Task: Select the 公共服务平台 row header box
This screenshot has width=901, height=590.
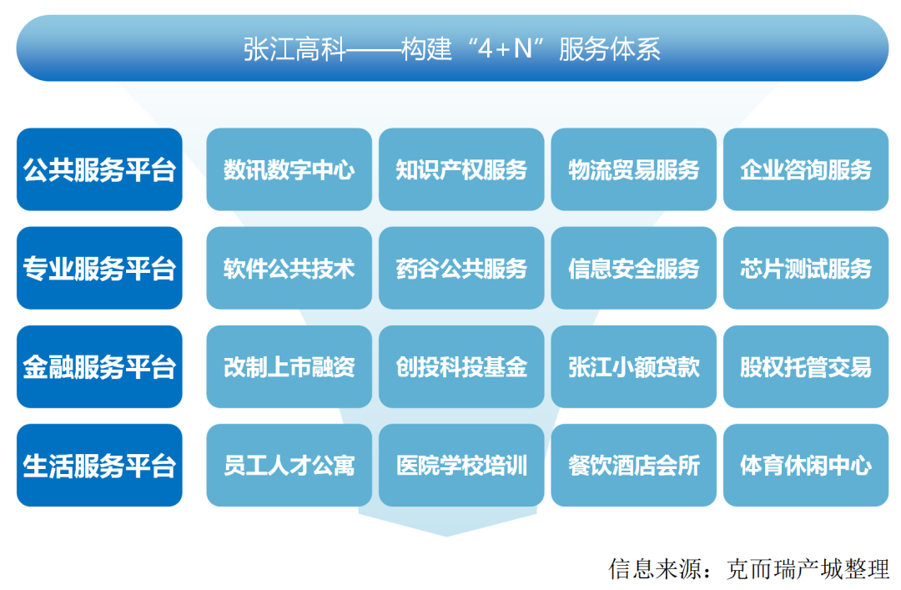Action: point(99,169)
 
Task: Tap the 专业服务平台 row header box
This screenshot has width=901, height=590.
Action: point(99,268)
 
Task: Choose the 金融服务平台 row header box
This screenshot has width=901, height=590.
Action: point(99,366)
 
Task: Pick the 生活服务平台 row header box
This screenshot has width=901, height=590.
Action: point(99,465)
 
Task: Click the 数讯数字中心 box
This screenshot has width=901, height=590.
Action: point(289,169)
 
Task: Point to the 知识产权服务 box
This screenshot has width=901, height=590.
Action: point(461,169)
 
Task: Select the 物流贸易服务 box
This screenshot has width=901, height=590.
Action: point(633,169)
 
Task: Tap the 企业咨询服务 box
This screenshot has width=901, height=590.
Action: point(806,169)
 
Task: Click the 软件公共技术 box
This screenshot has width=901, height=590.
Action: point(289,268)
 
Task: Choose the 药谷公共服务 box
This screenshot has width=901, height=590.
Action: point(461,268)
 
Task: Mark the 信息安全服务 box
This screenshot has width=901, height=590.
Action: point(633,268)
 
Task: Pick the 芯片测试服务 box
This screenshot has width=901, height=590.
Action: point(806,268)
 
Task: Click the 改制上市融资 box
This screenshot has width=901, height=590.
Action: point(289,366)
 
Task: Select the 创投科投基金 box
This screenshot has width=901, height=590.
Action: point(461,366)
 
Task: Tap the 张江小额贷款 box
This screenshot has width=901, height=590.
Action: point(633,366)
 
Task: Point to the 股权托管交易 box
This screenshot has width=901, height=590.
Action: point(806,366)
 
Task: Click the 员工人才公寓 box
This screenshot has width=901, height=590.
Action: point(289,465)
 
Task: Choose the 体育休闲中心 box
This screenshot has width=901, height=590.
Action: point(806,465)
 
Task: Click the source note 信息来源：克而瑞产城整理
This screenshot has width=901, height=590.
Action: point(749,569)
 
